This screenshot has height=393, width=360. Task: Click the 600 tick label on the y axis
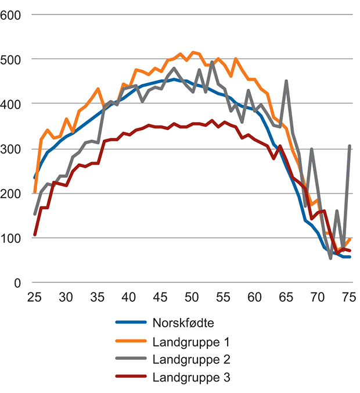[12, 14]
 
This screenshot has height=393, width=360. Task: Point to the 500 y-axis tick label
[12, 59]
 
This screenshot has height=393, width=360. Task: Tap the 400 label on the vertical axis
[12, 103]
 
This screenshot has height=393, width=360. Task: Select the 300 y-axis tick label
[12, 148]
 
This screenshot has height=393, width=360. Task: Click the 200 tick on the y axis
[12, 193]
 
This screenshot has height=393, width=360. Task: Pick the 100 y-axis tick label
[12, 238]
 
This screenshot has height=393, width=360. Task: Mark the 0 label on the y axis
[17, 283]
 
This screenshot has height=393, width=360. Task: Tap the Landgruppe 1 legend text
[192, 341]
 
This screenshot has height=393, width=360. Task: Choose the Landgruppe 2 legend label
[192, 359]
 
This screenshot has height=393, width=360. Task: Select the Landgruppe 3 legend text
[192, 378]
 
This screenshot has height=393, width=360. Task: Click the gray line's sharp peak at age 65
[286, 82]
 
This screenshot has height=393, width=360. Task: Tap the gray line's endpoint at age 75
[350, 146]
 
